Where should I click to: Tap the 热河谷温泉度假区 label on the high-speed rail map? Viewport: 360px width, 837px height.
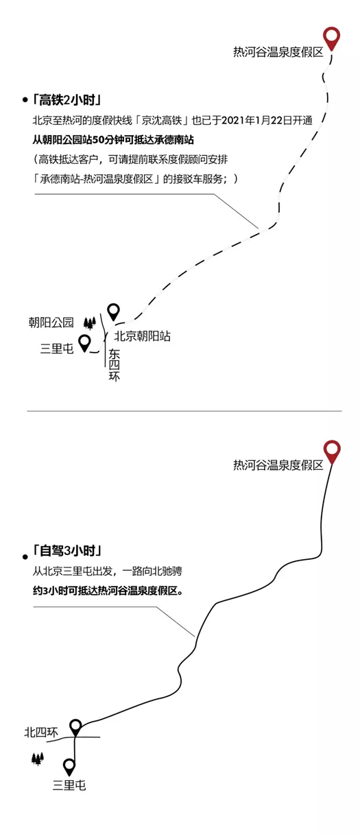pyautogui.click(x=278, y=51)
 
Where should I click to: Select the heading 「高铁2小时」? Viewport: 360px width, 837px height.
pyautogui.click(x=67, y=100)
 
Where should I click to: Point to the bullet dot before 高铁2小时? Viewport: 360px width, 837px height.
pyautogui.click(x=25, y=99)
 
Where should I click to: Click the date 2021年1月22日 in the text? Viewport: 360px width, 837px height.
pyautogui.click(x=252, y=120)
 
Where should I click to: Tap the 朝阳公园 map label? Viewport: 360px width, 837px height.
pyautogui.click(x=51, y=322)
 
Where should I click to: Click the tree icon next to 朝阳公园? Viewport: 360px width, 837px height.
pyautogui.click(x=90, y=323)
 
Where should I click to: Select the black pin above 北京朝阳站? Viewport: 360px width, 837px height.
pyautogui.click(x=114, y=311)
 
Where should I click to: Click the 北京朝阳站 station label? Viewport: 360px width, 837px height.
pyautogui.click(x=142, y=336)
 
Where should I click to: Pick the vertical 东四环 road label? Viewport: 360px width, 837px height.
pyautogui.click(x=115, y=365)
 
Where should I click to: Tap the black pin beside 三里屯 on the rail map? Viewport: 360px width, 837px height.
pyautogui.click(x=85, y=342)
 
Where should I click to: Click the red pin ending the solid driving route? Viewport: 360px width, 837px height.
pyautogui.click(x=332, y=451)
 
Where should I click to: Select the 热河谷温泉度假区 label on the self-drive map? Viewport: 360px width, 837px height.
pyautogui.click(x=278, y=465)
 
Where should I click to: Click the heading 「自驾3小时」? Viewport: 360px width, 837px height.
pyautogui.click(x=67, y=551)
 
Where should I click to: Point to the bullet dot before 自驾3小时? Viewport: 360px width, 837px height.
pyautogui.click(x=25, y=557)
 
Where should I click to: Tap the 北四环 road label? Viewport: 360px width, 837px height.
pyautogui.click(x=41, y=732)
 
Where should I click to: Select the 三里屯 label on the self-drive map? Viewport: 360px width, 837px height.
pyautogui.click(x=69, y=785)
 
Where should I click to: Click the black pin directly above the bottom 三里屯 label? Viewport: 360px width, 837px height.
pyautogui.click(x=69, y=766)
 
